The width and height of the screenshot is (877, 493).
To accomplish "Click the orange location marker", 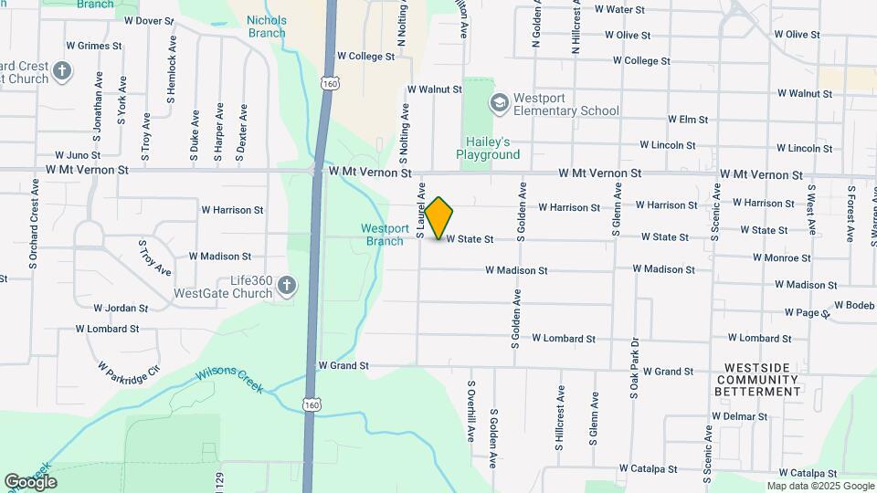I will coord(439,217).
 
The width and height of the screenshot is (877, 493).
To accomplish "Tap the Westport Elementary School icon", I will coord(500,102).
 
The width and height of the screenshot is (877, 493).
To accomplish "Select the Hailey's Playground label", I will coord(488,148).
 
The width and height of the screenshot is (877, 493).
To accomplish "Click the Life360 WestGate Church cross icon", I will coord(287,287).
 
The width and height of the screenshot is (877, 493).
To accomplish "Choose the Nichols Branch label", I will coord(266,26).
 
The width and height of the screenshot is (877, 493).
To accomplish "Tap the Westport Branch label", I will coord(385,235).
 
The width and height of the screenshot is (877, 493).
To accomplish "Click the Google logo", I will coord(30,481).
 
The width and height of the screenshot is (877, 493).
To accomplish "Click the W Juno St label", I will coord(78,156).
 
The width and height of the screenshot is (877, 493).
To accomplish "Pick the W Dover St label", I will coord(148,20).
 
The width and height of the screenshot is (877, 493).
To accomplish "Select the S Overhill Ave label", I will coord(471,411).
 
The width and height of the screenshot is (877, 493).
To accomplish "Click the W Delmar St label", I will coord(741,416).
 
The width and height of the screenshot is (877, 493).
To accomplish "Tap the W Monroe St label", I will coord(782,258).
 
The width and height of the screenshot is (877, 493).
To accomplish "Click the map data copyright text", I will coord(820,486).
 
